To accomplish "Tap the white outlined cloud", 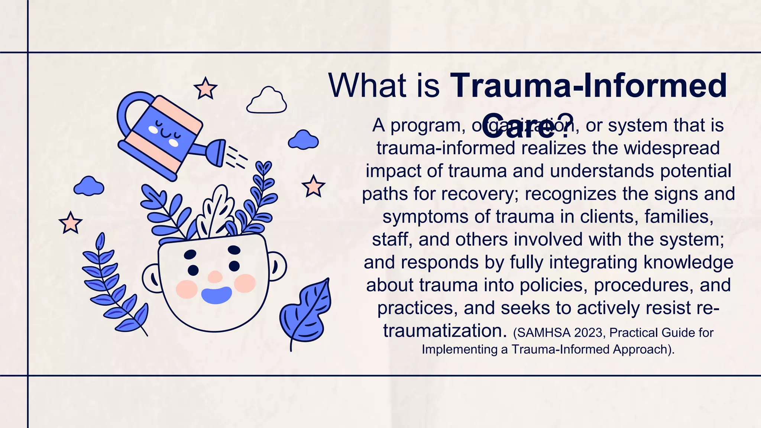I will point(267,101).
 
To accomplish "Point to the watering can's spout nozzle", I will point(218,152).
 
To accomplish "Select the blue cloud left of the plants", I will point(88,186).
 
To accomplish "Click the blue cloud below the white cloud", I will point(303,140).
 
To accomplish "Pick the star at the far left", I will point(70,223).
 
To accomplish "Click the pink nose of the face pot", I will point(215,276).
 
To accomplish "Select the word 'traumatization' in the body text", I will point(444,331).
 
